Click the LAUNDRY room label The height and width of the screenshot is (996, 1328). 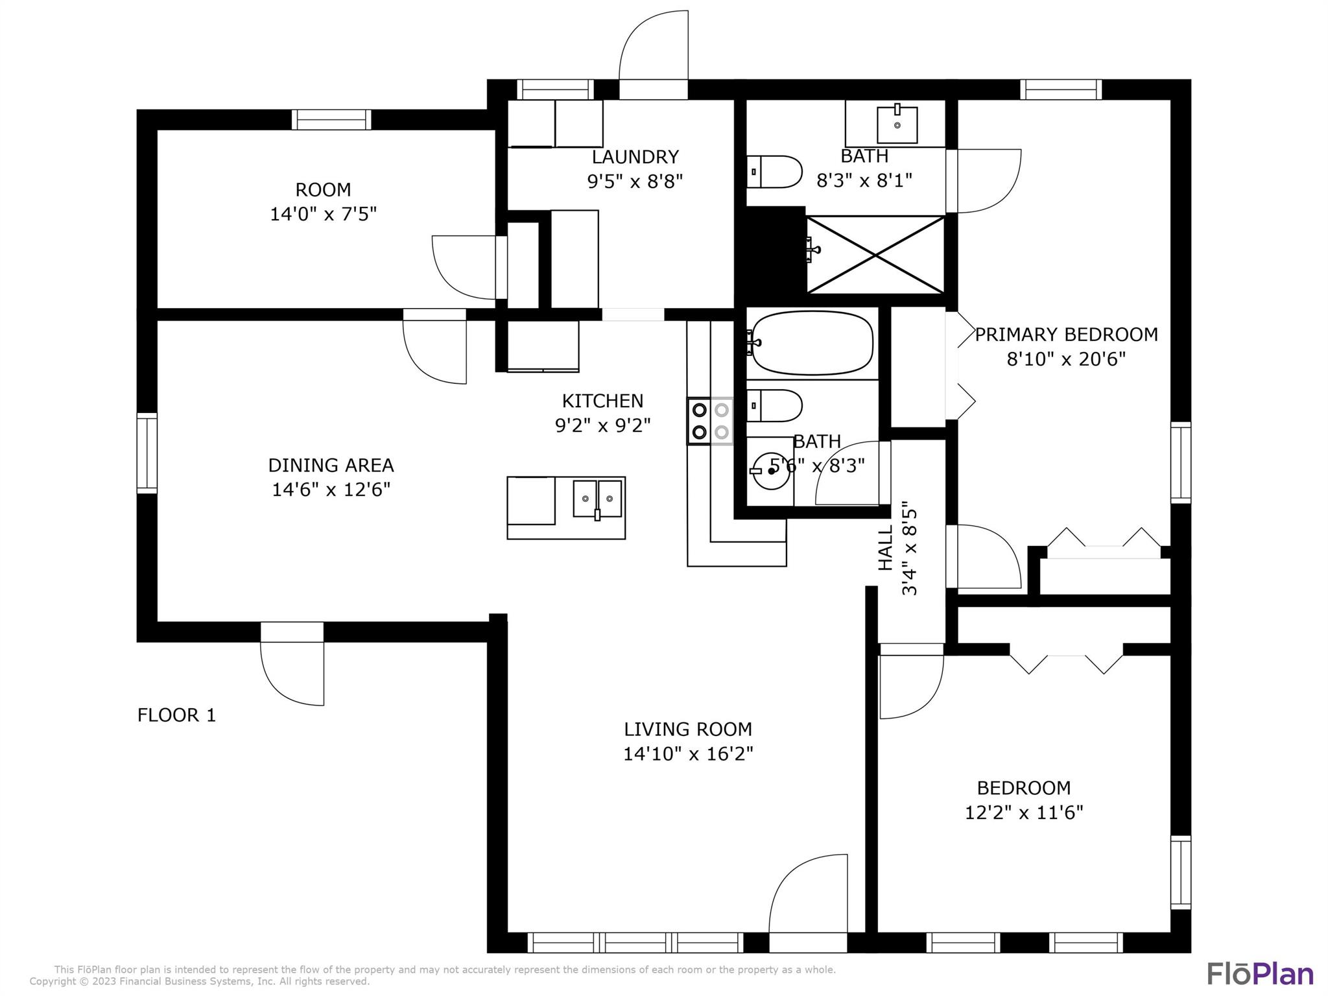pyautogui.click(x=635, y=157)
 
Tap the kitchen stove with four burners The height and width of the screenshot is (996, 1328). pyautogui.click(x=711, y=421)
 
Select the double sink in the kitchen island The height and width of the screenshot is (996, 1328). pyautogui.click(x=597, y=498)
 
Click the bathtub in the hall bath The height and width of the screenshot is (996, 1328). pyautogui.click(x=812, y=344)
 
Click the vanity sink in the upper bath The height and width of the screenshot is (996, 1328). pyautogui.click(x=897, y=124)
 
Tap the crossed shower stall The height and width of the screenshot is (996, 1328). pyautogui.click(x=875, y=255)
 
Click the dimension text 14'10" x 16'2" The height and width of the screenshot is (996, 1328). pyautogui.click(x=688, y=754)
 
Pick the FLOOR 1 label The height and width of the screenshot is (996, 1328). pyautogui.click(x=176, y=715)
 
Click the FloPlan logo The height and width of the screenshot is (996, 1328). pyautogui.click(x=1260, y=973)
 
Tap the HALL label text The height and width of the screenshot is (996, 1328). pyautogui.click(x=885, y=547)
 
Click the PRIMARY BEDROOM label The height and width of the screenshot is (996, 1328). pyautogui.click(x=1066, y=335)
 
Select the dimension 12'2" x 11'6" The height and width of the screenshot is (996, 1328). pyautogui.click(x=1024, y=812)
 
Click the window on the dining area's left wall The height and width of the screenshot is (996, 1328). pyautogui.click(x=147, y=453)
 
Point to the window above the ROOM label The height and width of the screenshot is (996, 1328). pyautogui.click(x=331, y=120)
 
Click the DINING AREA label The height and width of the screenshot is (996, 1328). pyautogui.click(x=331, y=466)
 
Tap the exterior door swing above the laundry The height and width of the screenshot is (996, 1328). pyautogui.click(x=654, y=55)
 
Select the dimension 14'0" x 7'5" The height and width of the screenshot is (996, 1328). pyautogui.click(x=323, y=214)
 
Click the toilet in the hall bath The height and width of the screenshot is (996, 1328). pyautogui.click(x=774, y=406)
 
